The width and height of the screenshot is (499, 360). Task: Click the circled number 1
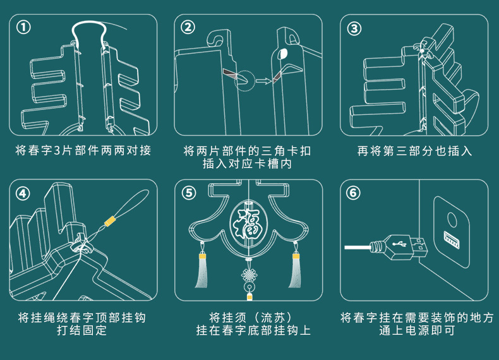(23, 27)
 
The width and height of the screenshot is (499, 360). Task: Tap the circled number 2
(188, 27)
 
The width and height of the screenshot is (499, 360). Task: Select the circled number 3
(354, 28)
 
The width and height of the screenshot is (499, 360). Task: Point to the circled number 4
(23, 193)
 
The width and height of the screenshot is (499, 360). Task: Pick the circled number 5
(189, 193)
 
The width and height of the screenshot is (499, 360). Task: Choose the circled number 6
(353, 193)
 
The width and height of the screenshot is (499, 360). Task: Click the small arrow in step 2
(263, 81)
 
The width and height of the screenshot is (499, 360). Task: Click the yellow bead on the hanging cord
(110, 221)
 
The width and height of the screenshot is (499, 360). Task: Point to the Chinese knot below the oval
(249, 274)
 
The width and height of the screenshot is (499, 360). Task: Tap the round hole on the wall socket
(452, 220)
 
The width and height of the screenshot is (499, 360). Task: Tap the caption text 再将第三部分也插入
(414, 150)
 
